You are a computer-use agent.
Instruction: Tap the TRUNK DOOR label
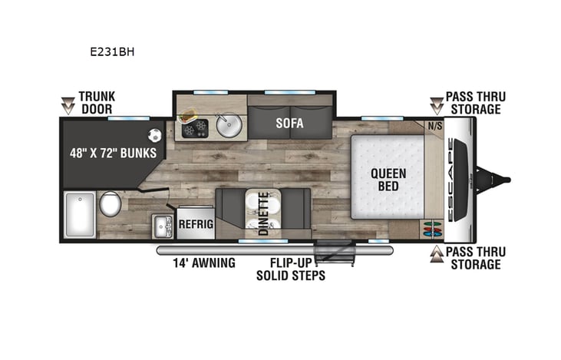96,103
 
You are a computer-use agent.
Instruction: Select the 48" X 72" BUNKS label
111,153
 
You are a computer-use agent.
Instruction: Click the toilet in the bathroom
110,204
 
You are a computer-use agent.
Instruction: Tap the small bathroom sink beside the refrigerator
163,226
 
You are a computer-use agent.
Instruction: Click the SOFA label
289,123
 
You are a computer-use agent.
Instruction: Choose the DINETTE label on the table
263,213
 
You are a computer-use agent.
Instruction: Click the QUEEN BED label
389,180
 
